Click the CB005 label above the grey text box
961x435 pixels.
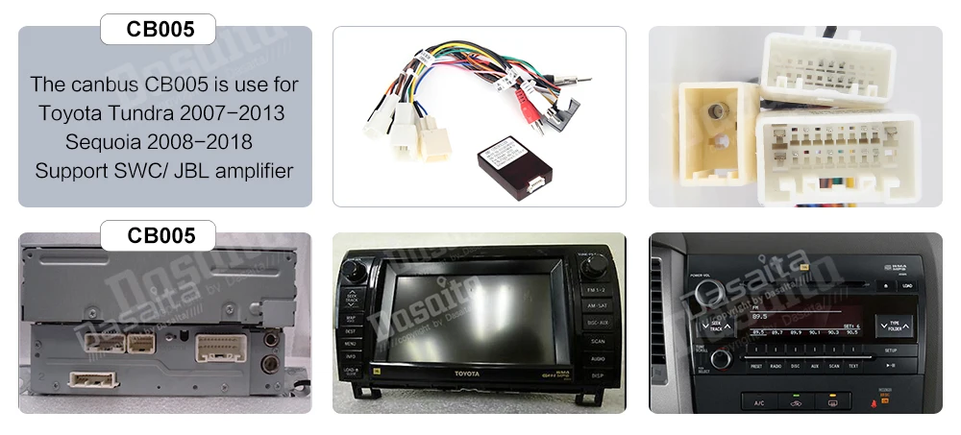tap(159, 29)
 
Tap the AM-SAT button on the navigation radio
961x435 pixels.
tap(596, 305)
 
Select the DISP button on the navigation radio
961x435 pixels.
tap(596, 375)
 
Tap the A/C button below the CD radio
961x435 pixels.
tap(758, 401)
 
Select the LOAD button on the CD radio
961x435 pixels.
tap(906, 285)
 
